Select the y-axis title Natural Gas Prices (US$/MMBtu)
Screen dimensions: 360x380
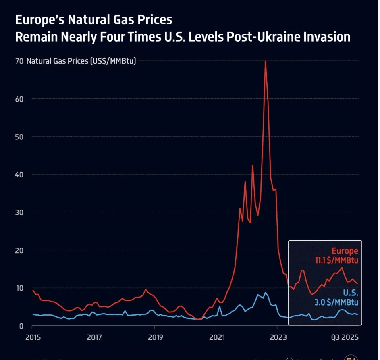81,61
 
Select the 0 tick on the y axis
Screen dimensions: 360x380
21,326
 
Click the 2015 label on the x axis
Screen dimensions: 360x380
32,337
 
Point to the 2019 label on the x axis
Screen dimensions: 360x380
155,337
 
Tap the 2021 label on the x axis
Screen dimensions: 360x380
216,337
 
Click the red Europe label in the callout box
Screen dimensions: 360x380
345,251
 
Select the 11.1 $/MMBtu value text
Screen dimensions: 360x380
336,260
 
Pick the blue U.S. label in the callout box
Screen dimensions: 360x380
350,293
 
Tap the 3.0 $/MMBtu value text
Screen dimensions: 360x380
337,302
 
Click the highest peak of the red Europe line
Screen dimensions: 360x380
265,62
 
